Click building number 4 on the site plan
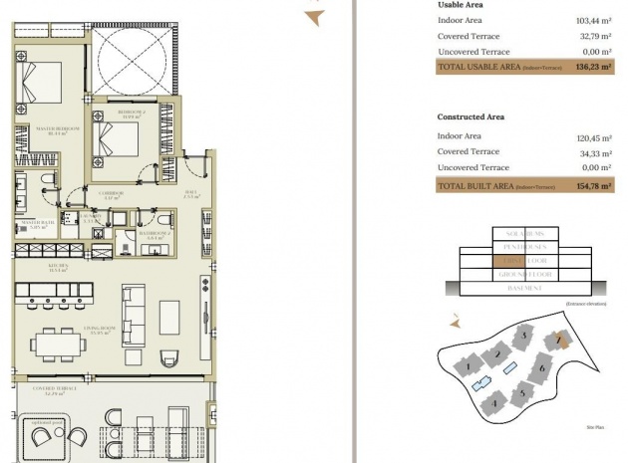[494, 403]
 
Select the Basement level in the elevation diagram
[523, 289]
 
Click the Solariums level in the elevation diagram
[523, 233]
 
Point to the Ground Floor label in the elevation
[523, 275]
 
